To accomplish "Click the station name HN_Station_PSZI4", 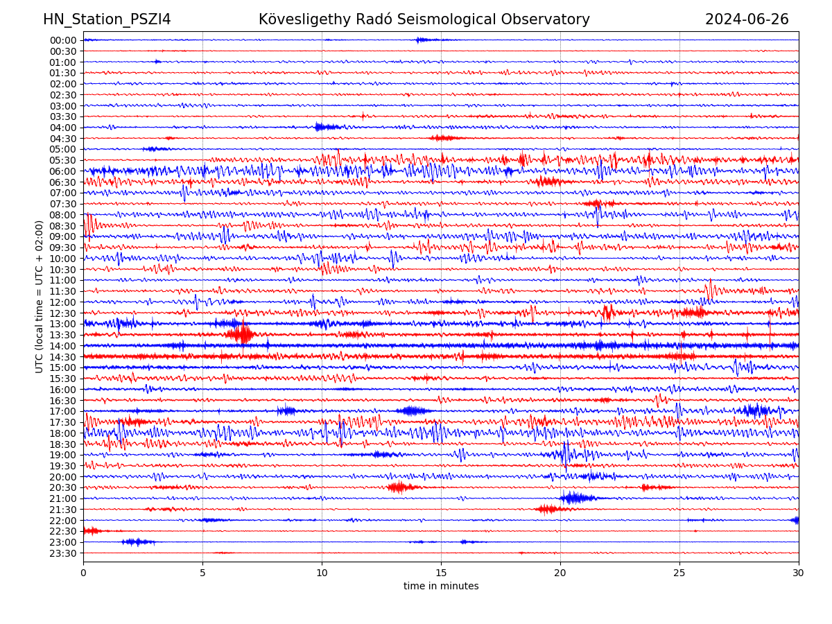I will pos(107,19).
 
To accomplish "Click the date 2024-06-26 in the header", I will pos(747,19).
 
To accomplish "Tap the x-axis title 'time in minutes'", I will pos(441,586).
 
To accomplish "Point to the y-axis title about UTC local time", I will pos(40,296).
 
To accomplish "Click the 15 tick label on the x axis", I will pos(441,573).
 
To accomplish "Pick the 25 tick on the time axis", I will pos(679,573).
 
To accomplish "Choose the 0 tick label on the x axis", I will pos(83,573).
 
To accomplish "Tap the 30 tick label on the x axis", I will pos(799,573).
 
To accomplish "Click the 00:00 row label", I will pos(62,40).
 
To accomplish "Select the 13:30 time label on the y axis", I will pos(62,335).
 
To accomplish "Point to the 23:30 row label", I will pos(62,553).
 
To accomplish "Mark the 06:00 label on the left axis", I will pos(62,171).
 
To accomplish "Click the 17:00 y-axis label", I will pos(62,411).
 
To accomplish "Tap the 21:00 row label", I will pos(62,499).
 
